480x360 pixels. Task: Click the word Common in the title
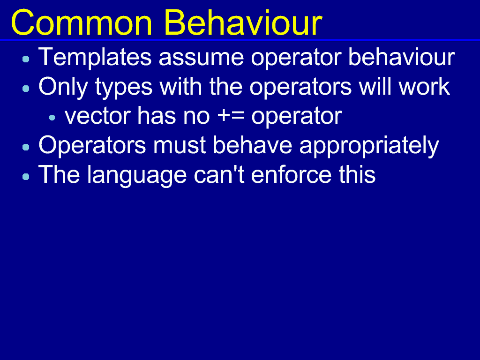[82, 23]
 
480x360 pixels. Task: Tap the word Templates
[95, 57]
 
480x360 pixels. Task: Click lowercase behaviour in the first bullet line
[402, 57]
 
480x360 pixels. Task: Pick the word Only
[63, 87]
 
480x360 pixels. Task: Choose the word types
[123, 88]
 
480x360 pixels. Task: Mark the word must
[179, 146]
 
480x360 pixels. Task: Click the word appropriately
[369, 147]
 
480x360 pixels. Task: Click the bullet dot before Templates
[26, 59]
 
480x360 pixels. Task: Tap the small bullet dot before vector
[52, 118]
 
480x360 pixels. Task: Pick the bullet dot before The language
[26, 176]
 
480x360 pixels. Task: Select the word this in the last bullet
[357, 174]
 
